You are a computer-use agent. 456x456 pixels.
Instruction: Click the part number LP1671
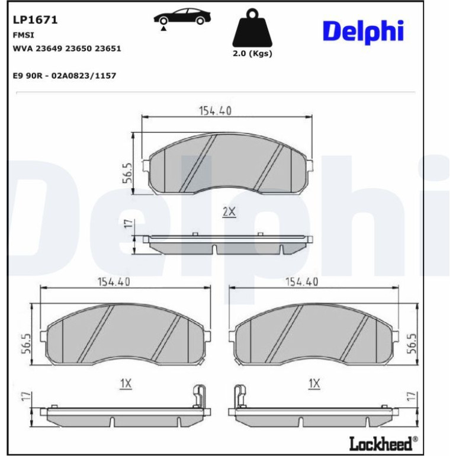pyautogui.click(x=35, y=20)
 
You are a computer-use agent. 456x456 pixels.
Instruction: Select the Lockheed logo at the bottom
pyautogui.click(x=383, y=444)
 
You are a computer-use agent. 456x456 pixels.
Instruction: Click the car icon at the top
pyautogui.click(x=182, y=17)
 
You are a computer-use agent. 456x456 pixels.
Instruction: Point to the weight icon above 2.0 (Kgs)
pyautogui.click(x=252, y=28)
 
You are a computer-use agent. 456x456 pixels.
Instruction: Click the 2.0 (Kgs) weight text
pyautogui.click(x=252, y=53)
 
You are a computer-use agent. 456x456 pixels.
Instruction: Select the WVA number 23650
pyautogui.click(x=79, y=49)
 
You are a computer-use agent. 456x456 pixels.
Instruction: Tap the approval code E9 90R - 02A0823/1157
pyautogui.click(x=65, y=76)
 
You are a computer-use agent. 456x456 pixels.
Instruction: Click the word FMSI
pyautogui.click(x=24, y=35)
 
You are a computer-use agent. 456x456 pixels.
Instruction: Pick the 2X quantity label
pyautogui.click(x=229, y=212)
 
